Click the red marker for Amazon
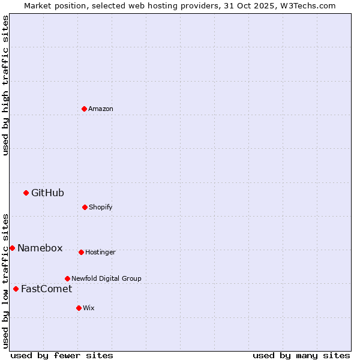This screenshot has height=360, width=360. point(84,109)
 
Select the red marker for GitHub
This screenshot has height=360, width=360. point(26,193)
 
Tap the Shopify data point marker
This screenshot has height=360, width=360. point(85,207)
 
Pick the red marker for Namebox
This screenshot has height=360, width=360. point(12,248)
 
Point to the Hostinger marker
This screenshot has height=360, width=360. point(81,252)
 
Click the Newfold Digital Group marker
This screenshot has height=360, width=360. point(67,278)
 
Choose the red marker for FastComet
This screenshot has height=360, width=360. point(16,289)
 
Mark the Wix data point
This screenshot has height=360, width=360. point(79,308)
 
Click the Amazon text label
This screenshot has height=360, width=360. point(101,109)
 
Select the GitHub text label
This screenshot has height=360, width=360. point(47,193)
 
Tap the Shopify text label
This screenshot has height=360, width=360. point(101,207)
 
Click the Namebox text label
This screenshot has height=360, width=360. point(40,248)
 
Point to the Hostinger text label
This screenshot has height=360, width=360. point(100,252)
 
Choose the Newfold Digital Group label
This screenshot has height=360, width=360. point(106,278)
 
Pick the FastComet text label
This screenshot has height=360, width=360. point(46,289)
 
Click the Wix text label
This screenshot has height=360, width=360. point(89,308)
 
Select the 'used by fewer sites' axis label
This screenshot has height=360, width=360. point(62,355)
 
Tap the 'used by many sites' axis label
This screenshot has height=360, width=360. point(301,355)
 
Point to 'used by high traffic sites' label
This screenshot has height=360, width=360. point(5,86)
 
